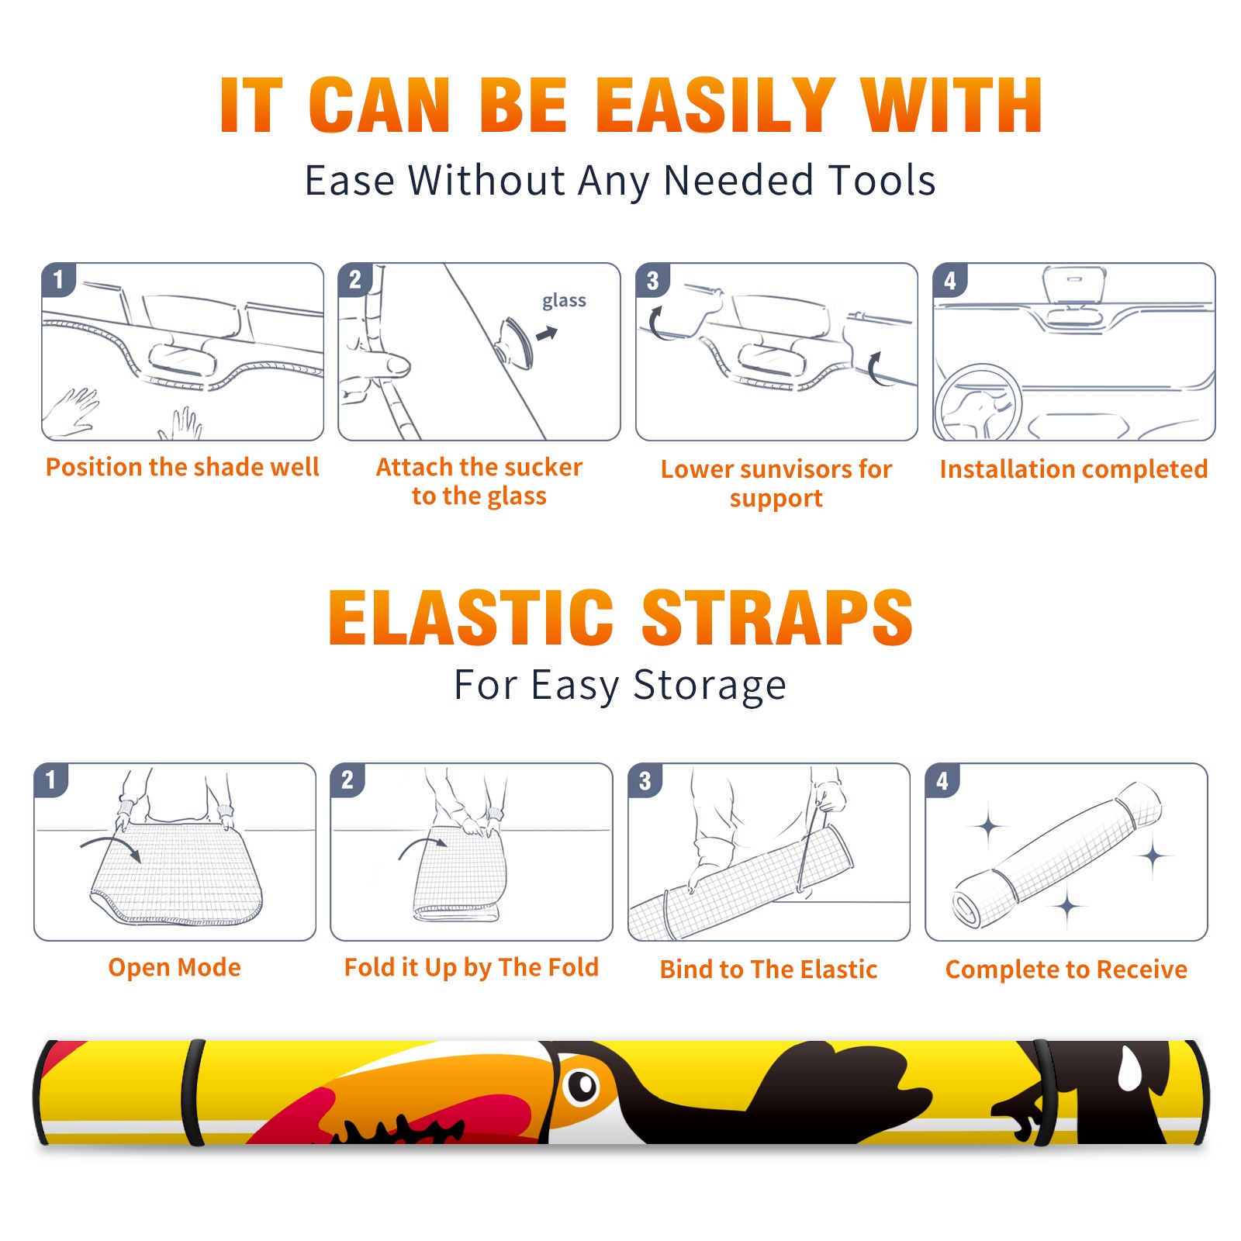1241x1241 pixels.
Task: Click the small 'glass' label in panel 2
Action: click(x=564, y=301)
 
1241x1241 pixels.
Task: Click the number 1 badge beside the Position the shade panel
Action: click(x=58, y=279)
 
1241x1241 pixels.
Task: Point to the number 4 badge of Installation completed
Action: click(x=950, y=280)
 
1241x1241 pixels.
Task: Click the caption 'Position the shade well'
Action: click(x=182, y=467)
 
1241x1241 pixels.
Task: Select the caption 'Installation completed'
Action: click(x=1073, y=469)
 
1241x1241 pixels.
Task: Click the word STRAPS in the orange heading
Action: click(x=777, y=617)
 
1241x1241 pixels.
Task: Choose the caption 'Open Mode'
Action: click(x=175, y=967)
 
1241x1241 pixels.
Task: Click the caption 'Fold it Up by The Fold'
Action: click(x=472, y=967)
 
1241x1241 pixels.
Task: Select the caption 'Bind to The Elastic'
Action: click(x=769, y=970)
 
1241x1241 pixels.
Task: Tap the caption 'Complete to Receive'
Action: click(x=1066, y=970)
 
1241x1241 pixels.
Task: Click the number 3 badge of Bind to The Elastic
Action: click(x=645, y=780)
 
